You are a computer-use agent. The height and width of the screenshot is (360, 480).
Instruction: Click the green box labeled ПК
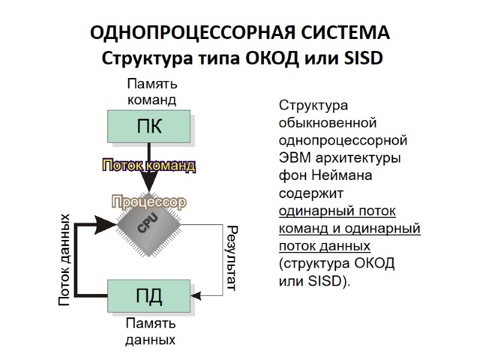click(150, 127)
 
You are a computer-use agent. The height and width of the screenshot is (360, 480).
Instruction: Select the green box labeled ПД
click(150, 296)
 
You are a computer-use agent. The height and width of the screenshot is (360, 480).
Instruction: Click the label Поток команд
click(149, 166)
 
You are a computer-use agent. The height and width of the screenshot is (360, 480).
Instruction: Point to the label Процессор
click(149, 203)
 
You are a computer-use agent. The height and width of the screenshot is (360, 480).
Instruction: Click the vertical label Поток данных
click(65, 259)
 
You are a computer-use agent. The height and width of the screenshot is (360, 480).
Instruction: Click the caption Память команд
click(151, 92)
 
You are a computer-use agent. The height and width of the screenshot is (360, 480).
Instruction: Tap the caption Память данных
click(151, 332)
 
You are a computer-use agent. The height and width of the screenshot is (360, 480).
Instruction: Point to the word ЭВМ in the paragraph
click(294, 159)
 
